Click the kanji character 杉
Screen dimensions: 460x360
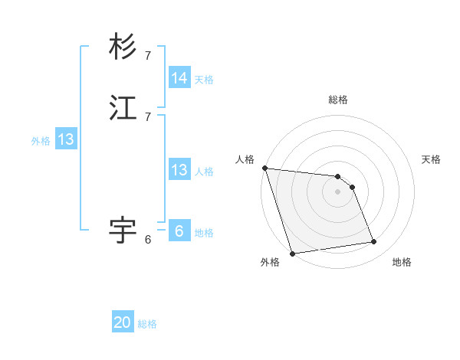pos(123,47)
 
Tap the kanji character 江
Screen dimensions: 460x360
pos(123,108)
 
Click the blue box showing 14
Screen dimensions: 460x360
pos(179,78)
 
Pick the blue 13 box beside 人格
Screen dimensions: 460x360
pos(179,170)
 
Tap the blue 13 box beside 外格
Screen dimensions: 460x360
pos(66,139)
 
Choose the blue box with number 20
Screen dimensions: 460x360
pos(123,322)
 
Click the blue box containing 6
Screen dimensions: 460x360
pos(179,231)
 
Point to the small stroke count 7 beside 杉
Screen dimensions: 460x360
pos(148,55)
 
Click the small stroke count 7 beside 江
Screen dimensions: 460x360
pos(148,116)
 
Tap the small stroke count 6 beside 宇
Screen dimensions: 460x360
pos(148,240)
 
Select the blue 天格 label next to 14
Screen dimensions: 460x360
pos(204,79)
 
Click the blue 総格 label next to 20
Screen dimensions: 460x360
pos(147,324)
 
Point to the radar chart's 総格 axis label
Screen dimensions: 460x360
pos(338,100)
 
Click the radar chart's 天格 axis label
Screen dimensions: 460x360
pos(432,159)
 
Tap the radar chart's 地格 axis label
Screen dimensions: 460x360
pos(402,262)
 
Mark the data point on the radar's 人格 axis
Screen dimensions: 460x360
pos(264,168)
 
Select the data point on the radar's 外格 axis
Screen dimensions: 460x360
pos(292,253)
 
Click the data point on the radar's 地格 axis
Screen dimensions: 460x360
pos(374,242)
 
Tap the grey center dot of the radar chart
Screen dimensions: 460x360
pos(338,191)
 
